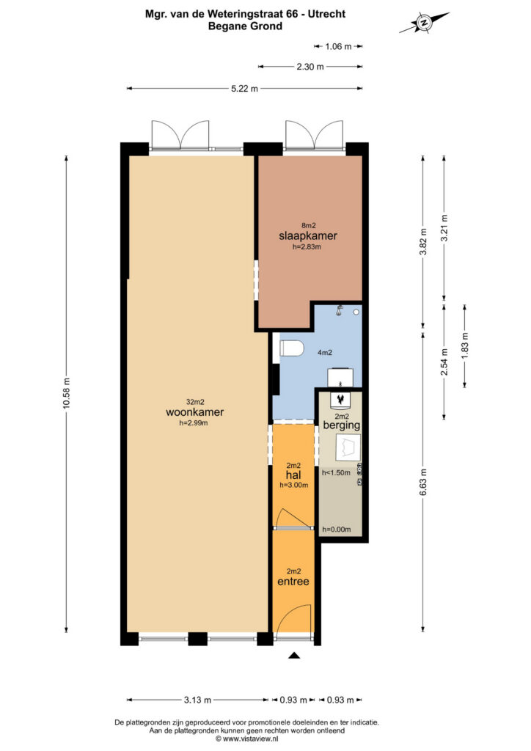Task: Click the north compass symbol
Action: (x=424, y=22)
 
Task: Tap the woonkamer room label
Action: (x=195, y=412)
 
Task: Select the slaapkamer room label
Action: (x=308, y=235)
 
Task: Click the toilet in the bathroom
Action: (x=292, y=348)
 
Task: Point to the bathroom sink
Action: (x=340, y=377)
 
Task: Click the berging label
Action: (x=341, y=425)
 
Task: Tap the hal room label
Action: (x=293, y=475)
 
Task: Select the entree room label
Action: (x=293, y=582)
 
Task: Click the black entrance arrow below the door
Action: (x=294, y=655)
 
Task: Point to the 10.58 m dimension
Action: (x=67, y=393)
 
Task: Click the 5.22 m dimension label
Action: (x=245, y=89)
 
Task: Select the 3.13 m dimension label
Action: (x=198, y=700)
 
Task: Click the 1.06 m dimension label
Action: (x=339, y=46)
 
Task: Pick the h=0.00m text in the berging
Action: (x=337, y=530)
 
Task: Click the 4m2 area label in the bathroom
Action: (x=325, y=353)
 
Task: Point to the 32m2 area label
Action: (x=195, y=403)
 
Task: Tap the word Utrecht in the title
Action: (x=326, y=14)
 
